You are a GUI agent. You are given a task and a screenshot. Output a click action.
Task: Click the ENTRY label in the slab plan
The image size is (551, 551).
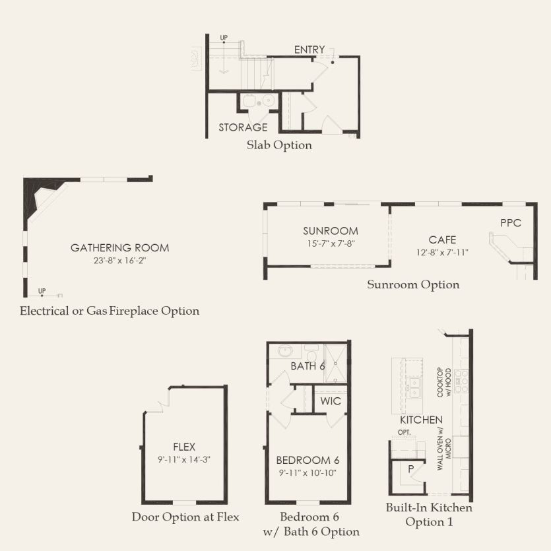coord(309,50)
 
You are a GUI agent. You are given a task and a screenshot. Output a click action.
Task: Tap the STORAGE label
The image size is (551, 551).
coord(243,127)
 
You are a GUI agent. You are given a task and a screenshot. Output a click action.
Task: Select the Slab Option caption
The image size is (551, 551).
coord(279,145)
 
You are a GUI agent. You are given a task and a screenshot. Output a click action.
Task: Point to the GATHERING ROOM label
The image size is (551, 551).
coord(120,247)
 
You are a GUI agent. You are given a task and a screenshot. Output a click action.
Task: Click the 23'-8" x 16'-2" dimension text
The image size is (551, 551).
coord(120,261)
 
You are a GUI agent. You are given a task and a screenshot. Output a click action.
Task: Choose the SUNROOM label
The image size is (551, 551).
coord(331,231)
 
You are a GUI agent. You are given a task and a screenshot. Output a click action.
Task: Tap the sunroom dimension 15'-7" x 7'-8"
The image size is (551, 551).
coord(331,243)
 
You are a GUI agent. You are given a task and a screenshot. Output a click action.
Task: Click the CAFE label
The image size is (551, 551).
coord(442,240)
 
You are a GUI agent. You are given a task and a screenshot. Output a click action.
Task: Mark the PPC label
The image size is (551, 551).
coord(511,223)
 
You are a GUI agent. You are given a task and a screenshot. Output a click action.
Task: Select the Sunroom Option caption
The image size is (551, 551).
coord(413,284)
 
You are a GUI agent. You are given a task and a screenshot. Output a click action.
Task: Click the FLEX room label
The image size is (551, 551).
coord(184,447)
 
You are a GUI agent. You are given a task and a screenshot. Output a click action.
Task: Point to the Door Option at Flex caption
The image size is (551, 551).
coord(185,517)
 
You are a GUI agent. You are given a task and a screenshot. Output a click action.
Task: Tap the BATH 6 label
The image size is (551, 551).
coord(308,366)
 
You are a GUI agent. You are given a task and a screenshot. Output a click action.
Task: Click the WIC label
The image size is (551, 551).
coord(331,401)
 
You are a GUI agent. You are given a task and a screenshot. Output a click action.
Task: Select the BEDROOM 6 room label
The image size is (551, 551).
coord(308,460)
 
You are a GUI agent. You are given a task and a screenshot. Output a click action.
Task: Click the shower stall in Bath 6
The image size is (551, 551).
coord(335,364)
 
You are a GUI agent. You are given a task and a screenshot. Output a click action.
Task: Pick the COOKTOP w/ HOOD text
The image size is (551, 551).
coord(444,382)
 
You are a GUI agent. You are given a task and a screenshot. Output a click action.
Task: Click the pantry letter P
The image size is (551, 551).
coord(411,469)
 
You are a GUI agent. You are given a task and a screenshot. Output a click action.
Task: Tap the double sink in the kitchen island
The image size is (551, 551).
coord(414,387)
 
